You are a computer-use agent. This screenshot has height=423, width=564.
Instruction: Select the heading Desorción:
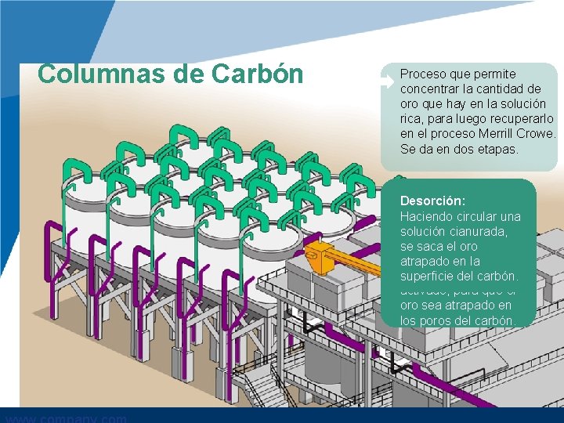tap(432, 201)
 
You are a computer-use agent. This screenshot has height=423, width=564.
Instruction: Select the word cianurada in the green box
tap(486, 231)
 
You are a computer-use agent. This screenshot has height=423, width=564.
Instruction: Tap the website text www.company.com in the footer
tap(67, 418)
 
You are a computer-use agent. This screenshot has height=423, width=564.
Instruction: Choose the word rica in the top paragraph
tap(412, 118)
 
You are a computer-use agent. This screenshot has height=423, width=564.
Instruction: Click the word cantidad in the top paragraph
tap(509, 89)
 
